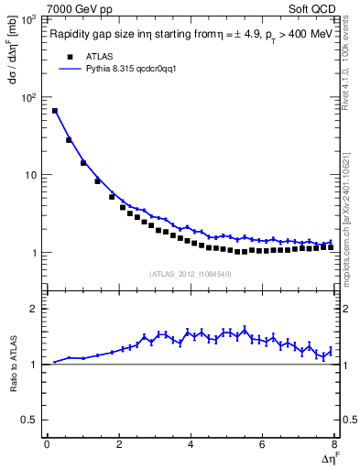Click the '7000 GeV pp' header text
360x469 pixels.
[x=81, y=9]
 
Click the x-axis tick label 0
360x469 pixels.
[x=47, y=444]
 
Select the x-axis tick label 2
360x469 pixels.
[x=119, y=444]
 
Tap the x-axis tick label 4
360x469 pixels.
[x=191, y=444]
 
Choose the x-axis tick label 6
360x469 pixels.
[x=263, y=444]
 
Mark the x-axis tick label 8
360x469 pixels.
[x=334, y=444]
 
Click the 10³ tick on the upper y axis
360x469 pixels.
[x=29, y=19]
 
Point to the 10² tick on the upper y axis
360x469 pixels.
[x=29, y=97]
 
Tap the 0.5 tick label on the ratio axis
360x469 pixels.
[x=30, y=420]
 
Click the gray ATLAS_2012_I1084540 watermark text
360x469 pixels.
[x=191, y=273]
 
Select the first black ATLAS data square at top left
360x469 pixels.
[x=55, y=111]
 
